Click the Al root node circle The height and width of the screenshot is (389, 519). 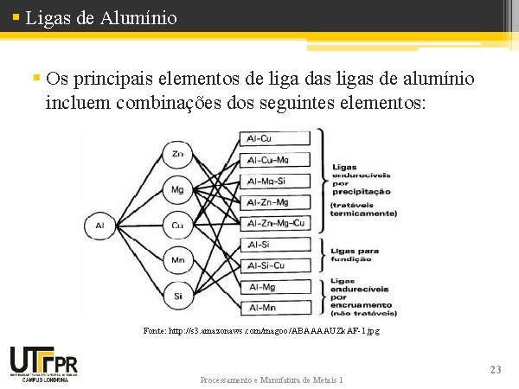99,226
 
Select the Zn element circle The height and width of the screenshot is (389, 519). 177,154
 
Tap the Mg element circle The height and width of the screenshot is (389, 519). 177,189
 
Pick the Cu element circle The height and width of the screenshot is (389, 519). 177,226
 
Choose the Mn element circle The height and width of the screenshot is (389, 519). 177,259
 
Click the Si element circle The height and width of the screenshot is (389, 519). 177,295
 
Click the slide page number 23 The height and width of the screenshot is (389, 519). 495,370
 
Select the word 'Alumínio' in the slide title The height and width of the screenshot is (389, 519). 138,17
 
